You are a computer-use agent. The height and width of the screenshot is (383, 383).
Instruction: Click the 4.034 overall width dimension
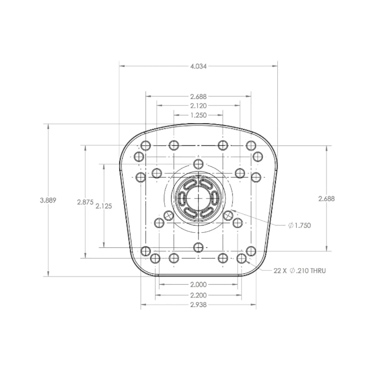coord(198,66)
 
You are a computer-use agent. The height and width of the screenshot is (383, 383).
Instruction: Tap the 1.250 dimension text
coord(198,115)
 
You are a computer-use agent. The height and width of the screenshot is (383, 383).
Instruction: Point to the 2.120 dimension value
coord(198,106)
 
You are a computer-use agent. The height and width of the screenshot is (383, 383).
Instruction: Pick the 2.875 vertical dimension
coord(85,202)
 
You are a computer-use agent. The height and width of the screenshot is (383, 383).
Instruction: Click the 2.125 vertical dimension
coord(104,206)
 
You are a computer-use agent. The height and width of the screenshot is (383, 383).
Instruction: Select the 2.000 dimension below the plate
coord(198,285)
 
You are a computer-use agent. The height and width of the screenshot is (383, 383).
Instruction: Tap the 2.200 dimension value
coord(198,295)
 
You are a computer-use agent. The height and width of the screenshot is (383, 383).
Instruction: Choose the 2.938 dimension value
coord(198,305)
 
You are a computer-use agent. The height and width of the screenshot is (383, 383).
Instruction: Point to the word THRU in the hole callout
coord(318,271)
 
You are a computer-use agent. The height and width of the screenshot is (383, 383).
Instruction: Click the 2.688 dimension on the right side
coord(326,198)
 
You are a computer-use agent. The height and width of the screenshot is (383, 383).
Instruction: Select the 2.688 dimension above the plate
coord(198,97)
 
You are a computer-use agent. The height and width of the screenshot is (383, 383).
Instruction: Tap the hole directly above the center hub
coord(198,164)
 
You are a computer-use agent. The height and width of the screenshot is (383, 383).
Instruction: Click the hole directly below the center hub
coord(198,247)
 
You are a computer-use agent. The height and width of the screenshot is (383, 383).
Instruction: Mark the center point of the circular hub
coord(198,198)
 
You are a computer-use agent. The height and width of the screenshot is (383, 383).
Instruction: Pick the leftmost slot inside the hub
coord(182,198)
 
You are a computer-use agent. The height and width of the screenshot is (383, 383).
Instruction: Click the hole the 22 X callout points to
coord(241,258)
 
